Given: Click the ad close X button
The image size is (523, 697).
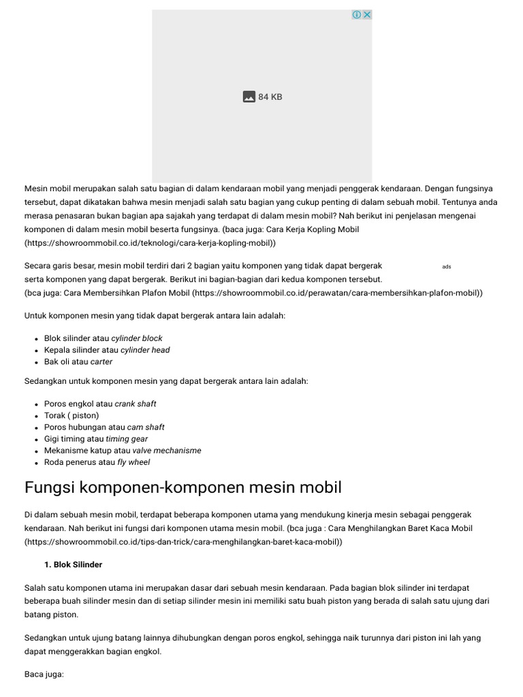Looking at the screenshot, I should point(366,15).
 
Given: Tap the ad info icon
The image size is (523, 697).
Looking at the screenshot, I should point(357,15).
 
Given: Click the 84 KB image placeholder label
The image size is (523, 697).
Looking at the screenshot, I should point(270,97).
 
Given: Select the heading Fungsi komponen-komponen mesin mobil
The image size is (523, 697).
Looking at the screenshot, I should point(183,487).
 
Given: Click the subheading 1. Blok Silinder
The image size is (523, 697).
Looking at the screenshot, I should point(73,565).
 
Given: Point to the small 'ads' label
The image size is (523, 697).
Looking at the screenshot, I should point(447,267).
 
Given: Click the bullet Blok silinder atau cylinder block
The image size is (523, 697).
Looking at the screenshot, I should point(103,338).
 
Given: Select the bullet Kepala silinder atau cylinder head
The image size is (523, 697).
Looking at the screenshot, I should point(107,350).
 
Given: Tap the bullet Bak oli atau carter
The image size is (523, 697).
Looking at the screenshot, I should point(78,361).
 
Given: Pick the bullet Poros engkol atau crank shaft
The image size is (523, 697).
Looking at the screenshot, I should point(100,404).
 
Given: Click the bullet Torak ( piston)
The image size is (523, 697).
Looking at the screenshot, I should point(72,415).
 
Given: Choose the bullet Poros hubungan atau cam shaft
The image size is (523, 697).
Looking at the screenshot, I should point(104,427).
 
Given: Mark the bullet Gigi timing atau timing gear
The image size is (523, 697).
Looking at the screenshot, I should point(96,439).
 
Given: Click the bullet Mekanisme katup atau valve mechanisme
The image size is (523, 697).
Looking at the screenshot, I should point(123,451).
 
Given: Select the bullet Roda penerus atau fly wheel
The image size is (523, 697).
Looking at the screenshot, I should point(97,462).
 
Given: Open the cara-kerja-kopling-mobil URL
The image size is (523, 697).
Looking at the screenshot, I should point(150,242).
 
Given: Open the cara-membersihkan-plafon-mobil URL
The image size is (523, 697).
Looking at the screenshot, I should point(337,293).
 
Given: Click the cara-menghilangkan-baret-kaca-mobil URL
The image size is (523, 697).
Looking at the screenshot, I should point(183,542).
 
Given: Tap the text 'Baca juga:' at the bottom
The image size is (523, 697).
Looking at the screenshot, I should point(44,674).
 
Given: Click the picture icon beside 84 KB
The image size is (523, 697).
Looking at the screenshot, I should point(249,97).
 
